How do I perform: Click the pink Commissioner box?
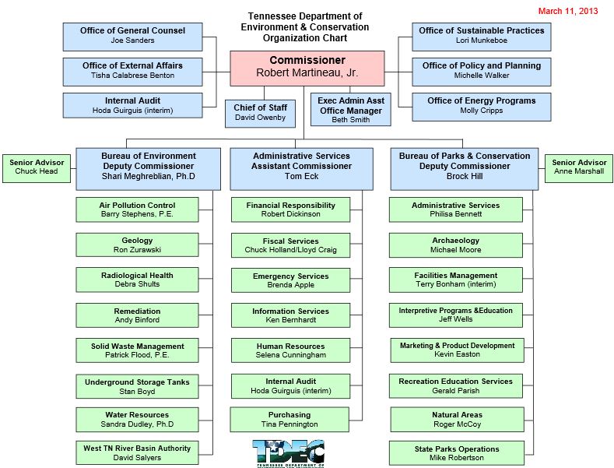[x=307, y=68]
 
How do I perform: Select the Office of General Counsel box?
[x=132, y=36]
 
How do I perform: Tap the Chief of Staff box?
[x=260, y=113]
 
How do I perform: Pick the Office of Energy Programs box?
[x=481, y=106]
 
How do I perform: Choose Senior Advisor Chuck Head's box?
[x=37, y=167]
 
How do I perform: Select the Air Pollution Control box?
[x=137, y=210]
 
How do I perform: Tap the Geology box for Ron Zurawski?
[x=137, y=245]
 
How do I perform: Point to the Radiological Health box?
[x=137, y=280]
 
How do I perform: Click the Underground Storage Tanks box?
[x=137, y=387]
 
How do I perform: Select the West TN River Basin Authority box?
[x=137, y=453]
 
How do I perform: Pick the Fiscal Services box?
[x=291, y=246]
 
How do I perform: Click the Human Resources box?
[x=291, y=350]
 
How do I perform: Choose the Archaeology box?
[x=455, y=245]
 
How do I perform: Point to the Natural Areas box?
[x=456, y=420]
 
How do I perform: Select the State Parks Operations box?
[x=455, y=453]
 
